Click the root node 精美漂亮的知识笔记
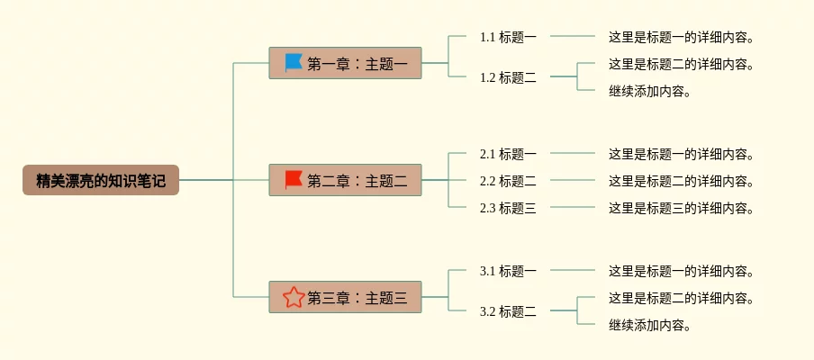(101, 181)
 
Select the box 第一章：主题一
(345, 63)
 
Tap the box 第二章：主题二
(345, 181)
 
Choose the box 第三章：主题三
(345, 297)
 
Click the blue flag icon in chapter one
(294, 62)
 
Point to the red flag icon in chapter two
(294, 180)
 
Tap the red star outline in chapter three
(294, 297)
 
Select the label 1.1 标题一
(508, 37)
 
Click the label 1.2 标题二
(508, 77)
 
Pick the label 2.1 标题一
(508, 154)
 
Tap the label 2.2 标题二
(508, 181)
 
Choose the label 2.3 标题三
(508, 208)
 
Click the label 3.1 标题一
(508, 271)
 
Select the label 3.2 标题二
(508, 311)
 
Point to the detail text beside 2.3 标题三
(681, 208)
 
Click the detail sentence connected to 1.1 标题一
(681, 37)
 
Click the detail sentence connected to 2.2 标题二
(681, 181)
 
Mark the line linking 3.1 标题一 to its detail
(573, 270)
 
